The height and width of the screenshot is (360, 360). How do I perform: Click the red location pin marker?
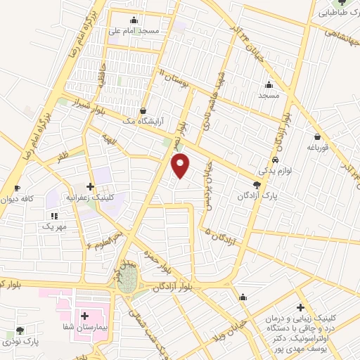(181, 165)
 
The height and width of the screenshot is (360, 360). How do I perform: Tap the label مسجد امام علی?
(134, 31)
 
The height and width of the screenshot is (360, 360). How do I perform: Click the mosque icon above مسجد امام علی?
(134, 20)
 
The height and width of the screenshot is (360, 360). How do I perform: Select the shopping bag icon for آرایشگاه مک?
(143, 110)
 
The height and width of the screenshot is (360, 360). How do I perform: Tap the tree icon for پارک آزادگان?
(256, 184)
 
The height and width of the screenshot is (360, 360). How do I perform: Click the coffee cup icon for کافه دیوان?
(18, 188)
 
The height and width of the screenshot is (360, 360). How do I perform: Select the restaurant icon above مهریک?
(53, 215)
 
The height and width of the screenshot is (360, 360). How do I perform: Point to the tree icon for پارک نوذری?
(20, 330)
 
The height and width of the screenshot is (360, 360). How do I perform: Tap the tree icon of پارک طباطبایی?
(342, 3)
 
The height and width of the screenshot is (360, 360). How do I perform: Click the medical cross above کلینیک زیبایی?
(300, 308)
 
